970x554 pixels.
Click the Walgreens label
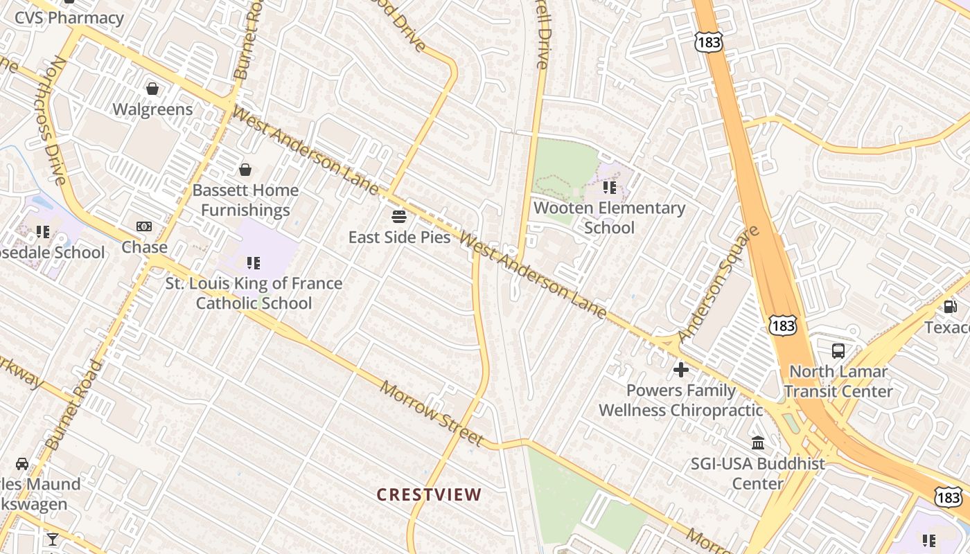[x=152, y=109]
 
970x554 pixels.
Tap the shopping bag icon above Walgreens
[x=152, y=89]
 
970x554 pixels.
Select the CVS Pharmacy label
[x=69, y=18]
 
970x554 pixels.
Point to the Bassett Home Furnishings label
[x=245, y=200]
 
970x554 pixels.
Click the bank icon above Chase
[x=144, y=226]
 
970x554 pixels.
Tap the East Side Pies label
[x=399, y=237]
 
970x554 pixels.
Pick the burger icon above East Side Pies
[x=399, y=216]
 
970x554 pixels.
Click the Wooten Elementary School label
[x=609, y=217]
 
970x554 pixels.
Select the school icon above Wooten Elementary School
[x=610, y=187]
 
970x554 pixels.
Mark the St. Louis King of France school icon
[x=254, y=263]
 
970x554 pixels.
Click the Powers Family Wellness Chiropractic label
[x=680, y=400]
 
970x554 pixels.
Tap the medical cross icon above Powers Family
[x=681, y=370]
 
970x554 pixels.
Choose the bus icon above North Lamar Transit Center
[x=838, y=350]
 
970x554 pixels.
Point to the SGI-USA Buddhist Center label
[x=757, y=473]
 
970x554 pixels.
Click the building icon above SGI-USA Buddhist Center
[x=758, y=443]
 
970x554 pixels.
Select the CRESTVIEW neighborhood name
[x=429, y=494]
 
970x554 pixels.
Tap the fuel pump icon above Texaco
[x=951, y=306]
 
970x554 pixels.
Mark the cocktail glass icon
[x=53, y=539]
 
